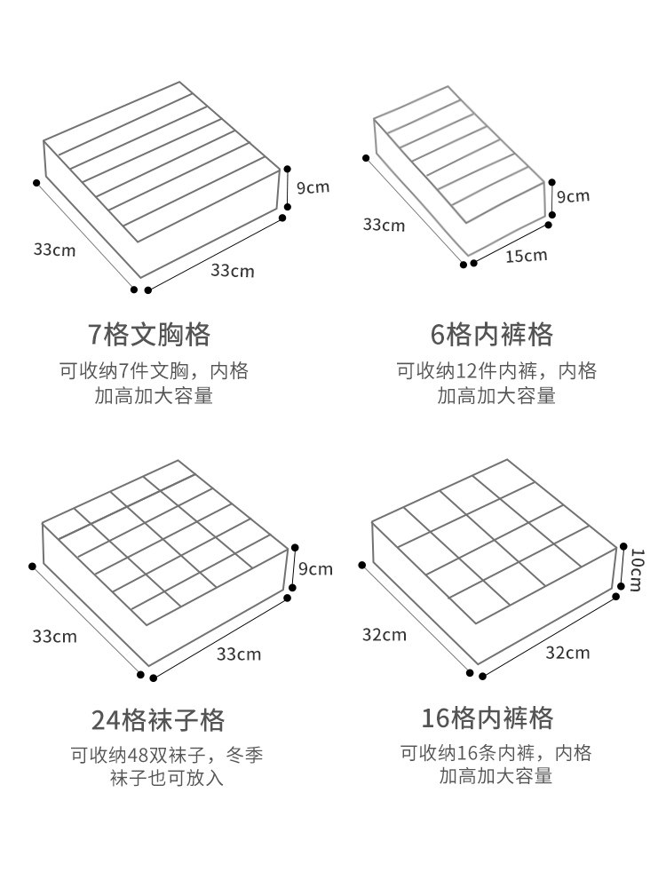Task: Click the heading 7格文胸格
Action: tap(149, 335)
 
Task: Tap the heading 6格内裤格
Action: tap(491, 335)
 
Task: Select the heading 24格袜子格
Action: tap(158, 719)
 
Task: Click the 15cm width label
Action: tap(526, 257)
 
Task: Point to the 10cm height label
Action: tap(636, 568)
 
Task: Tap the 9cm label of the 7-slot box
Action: tap(312, 187)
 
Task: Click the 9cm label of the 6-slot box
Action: tap(573, 195)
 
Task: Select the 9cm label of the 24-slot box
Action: tap(314, 569)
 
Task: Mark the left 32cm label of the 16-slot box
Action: tap(384, 634)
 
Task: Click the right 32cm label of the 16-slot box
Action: tap(567, 653)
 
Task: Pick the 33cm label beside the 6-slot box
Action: tap(383, 225)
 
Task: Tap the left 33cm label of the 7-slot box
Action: tap(54, 250)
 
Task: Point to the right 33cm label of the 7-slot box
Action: tap(232, 270)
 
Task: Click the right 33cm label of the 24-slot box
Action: tap(239, 654)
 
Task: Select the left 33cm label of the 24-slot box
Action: tap(54, 636)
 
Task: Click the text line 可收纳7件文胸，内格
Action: tap(154, 371)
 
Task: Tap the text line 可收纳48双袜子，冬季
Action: tap(167, 756)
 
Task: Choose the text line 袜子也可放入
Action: tap(166, 779)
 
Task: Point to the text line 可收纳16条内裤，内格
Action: tap(495, 754)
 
